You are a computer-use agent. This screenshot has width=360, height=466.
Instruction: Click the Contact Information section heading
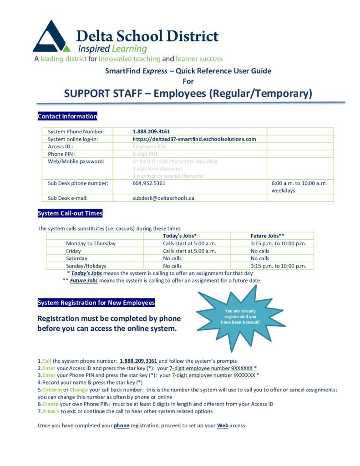(67, 116)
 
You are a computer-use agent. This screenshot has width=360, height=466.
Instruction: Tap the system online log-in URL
(194, 139)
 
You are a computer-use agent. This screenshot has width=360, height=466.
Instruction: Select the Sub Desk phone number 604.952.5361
(149, 183)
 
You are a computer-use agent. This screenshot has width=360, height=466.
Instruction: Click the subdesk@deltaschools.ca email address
(163, 198)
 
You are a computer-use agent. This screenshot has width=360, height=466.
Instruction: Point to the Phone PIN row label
(62, 154)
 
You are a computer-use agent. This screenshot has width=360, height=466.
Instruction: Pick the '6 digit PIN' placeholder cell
(145, 154)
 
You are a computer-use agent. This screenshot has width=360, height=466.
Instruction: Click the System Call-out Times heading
(70, 213)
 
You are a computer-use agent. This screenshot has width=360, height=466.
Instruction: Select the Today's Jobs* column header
(180, 236)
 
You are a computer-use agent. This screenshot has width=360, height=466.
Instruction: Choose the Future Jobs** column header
(268, 236)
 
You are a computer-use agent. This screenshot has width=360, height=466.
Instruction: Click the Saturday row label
(76, 258)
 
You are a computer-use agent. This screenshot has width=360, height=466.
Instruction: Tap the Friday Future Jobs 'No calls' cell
(260, 251)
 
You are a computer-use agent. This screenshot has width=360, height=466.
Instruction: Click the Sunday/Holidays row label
(86, 266)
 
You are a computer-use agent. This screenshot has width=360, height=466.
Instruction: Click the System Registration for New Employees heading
(96, 303)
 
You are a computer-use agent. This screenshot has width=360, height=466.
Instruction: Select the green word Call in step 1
(46, 361)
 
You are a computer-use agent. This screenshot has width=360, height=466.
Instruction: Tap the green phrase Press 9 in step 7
(50, 411)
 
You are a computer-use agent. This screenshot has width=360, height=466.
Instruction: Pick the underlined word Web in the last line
(223, 426)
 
